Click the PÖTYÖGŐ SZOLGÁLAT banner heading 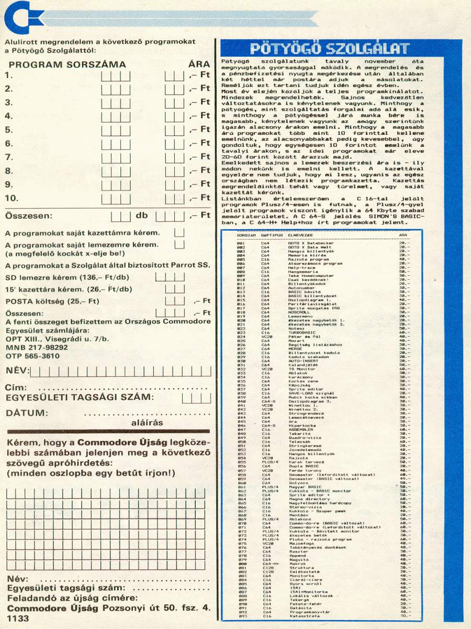point(329,49)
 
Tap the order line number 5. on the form point(8,129)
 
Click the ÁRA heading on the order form point(199,65)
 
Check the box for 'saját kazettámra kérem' point(180,232)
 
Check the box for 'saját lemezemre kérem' point(180,245)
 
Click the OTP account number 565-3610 point(42,356)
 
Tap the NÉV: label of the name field point(16,371)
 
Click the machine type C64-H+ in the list point(270,563)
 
